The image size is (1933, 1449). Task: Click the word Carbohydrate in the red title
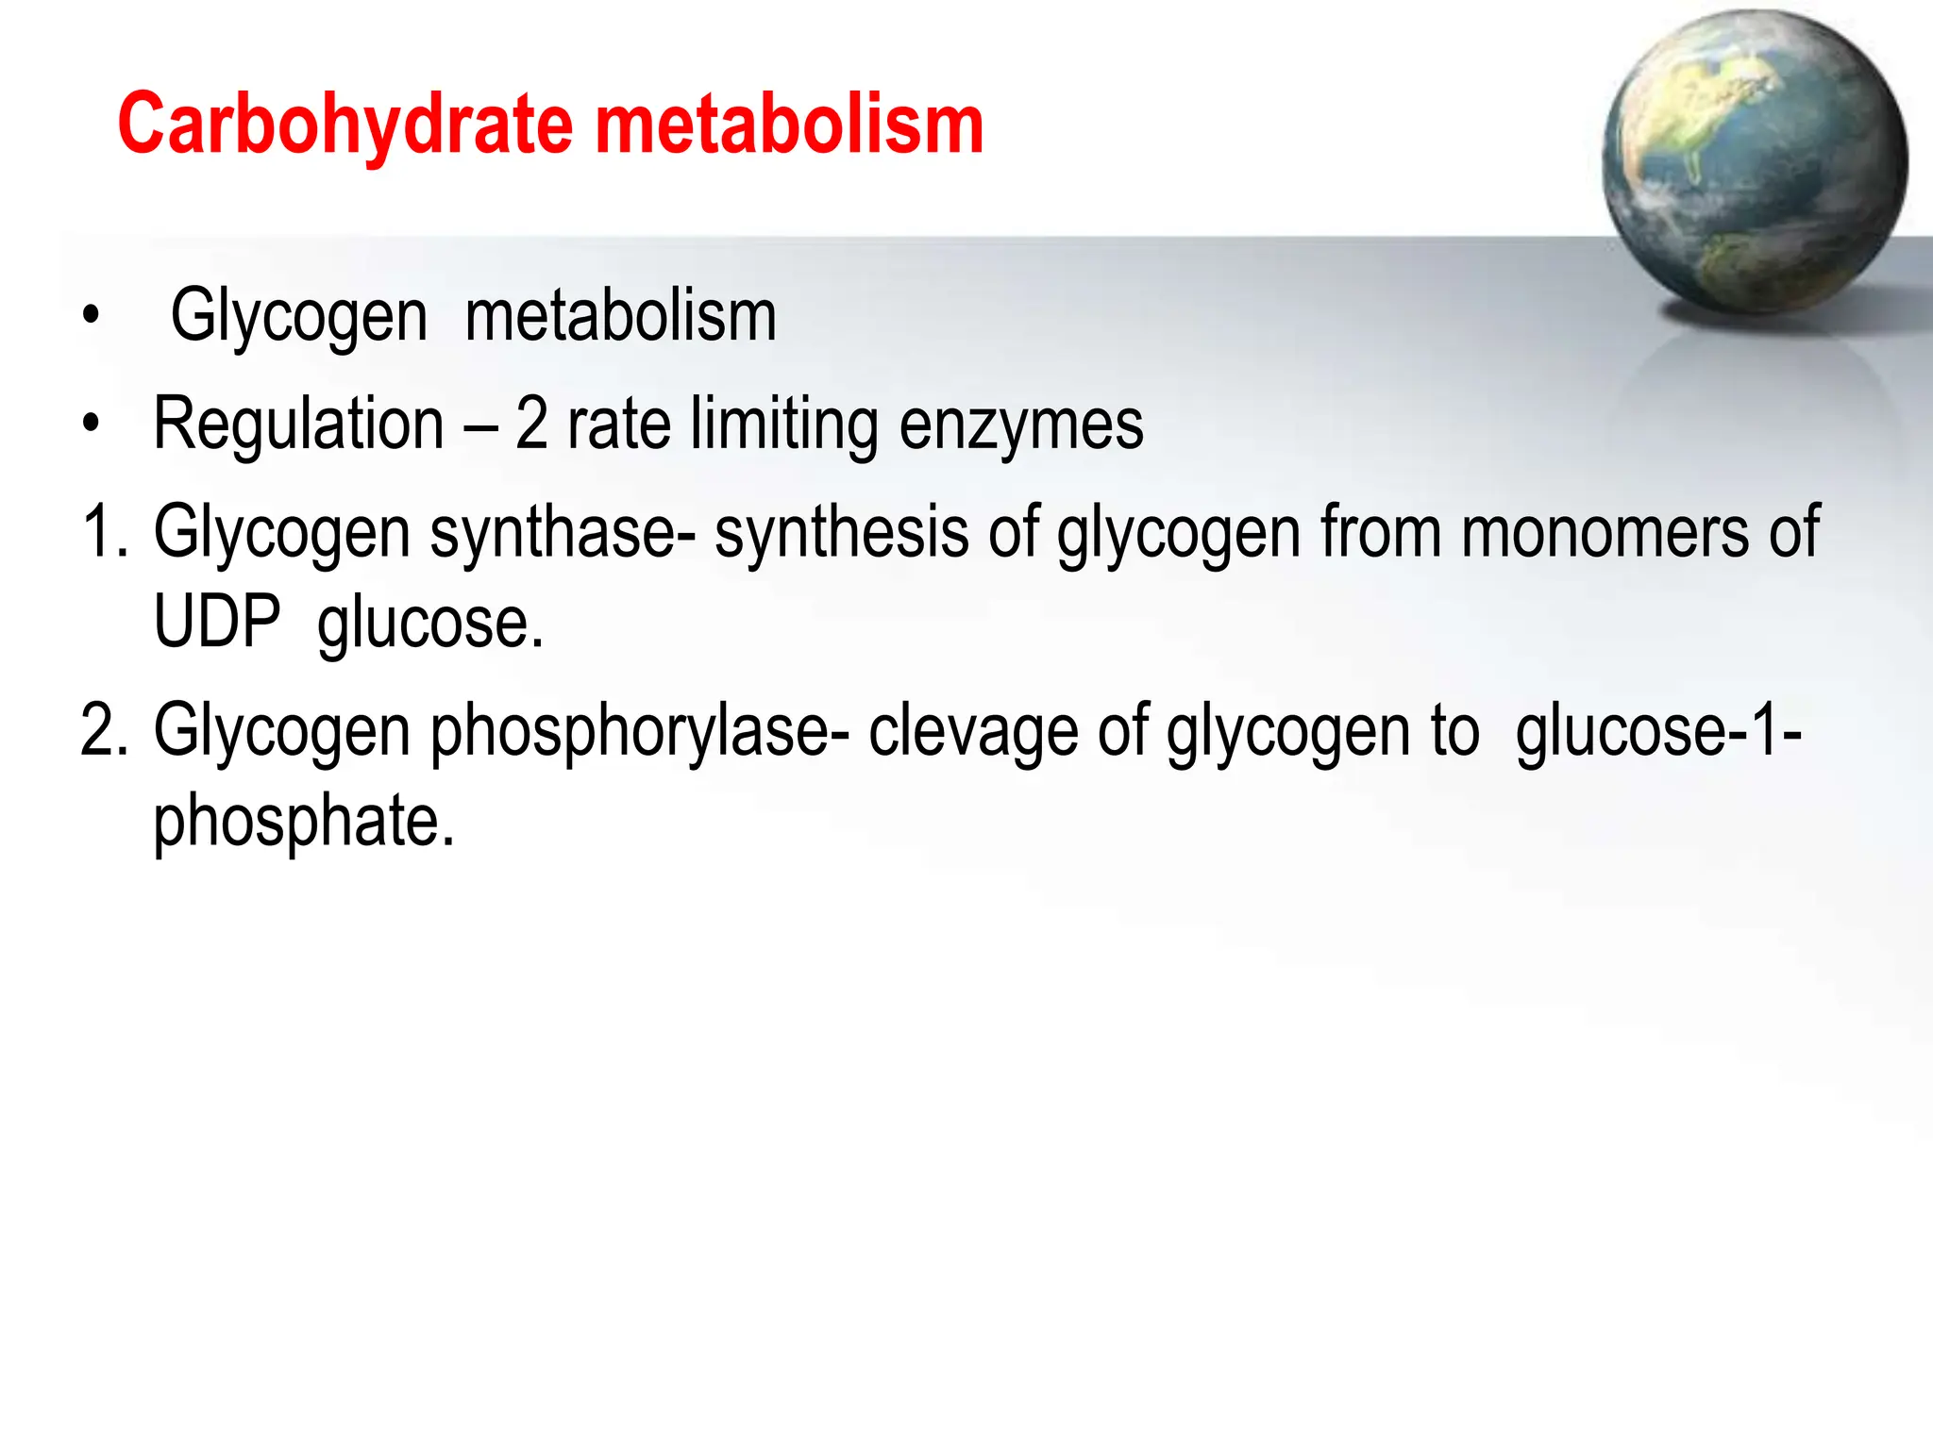345,125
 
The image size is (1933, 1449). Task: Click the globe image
1754,162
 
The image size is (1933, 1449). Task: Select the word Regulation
298,424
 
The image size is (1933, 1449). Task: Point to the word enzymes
1021,425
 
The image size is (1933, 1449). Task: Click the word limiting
784,425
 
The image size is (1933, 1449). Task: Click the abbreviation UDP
217,623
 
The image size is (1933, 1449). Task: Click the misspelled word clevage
973,732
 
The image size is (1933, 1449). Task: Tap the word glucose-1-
1658,730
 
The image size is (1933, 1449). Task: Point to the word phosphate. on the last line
304,821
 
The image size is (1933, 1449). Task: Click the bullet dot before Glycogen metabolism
90,317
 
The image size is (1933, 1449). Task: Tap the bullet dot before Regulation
90,425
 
